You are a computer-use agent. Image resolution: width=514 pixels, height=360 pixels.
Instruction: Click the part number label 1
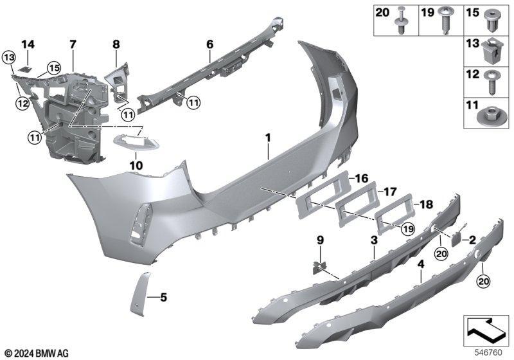click(x=268, y=138)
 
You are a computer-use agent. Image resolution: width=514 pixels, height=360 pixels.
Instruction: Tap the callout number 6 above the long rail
click(x=210, y=44)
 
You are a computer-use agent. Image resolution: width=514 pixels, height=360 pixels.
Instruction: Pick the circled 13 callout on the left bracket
click(x=9, y=58)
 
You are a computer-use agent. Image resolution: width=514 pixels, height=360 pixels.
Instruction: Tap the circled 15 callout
click(x=54, y=68)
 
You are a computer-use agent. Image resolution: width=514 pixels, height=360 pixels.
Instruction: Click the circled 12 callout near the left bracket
click(x=22, y=104)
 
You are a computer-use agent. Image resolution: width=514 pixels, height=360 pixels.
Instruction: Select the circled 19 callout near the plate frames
click(x=407, y=229)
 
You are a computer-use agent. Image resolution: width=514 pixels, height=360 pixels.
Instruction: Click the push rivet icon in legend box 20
click(x=401, y=21)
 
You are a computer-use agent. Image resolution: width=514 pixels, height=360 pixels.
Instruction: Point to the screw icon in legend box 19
click(x=445, y=19)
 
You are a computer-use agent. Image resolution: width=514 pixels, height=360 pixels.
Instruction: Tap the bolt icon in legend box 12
click(x=492, y=82)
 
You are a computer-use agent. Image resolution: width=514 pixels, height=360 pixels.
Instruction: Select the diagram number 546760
click(x=488, y=353)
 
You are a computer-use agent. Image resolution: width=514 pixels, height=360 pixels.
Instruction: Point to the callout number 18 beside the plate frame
click(x=426, y=204)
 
